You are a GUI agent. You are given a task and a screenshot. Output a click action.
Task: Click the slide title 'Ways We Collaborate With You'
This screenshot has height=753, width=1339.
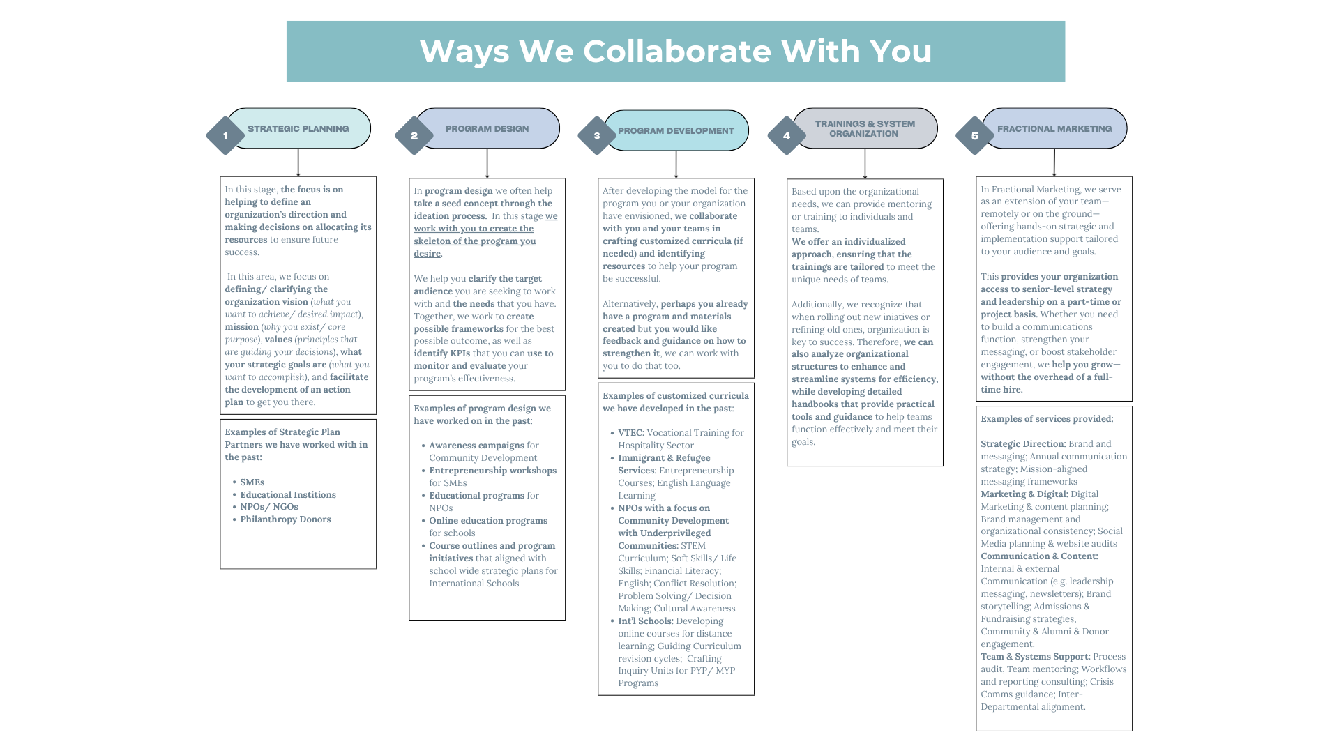click(x=675, y=52)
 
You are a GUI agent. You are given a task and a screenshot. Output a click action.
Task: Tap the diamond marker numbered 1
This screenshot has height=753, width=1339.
click(x=225, y=136)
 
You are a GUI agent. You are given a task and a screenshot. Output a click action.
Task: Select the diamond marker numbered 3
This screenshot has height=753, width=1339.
click(x=597, y=136)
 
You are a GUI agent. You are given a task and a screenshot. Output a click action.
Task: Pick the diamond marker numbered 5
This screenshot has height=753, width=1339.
click(x=975, y=136)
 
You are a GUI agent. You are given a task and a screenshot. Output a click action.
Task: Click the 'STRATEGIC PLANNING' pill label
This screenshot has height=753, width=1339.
click(x=298, y=129)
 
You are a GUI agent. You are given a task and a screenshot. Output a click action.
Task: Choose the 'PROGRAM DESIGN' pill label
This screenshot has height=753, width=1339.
click(x=487, y=129)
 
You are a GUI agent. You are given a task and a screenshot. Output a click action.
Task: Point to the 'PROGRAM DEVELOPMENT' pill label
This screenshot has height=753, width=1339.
click(x=676, y=131)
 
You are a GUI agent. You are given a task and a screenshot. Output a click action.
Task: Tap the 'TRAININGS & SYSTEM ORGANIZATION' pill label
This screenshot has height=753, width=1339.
click(x=865, y=129)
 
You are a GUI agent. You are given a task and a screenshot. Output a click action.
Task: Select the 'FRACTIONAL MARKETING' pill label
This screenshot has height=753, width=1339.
click(x=1054, y=129)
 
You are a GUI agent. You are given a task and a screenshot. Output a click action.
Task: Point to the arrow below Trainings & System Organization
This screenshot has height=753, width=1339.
click(x=865, y=164)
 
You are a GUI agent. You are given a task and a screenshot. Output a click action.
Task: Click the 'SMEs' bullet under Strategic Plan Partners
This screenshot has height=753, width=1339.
click(x=252, y=482)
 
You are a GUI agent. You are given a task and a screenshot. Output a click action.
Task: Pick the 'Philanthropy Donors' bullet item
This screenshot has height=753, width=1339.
click(x=285, y=519)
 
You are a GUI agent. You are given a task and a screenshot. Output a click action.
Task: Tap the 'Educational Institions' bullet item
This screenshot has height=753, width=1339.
click(x=288, y=495)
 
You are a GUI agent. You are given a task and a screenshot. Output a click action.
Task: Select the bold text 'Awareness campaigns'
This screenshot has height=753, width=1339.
click(x=476, y=446)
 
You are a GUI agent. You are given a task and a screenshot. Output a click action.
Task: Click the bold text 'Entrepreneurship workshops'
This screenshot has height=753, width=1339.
click(x=492, y=471)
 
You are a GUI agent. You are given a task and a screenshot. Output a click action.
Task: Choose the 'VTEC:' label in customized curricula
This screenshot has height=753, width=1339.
click(x=631, y=433)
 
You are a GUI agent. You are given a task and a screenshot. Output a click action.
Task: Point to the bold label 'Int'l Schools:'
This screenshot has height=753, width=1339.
click(x=645, y=621)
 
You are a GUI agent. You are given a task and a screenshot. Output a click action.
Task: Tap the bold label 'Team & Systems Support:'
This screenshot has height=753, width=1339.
click(x=1036, y=657)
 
